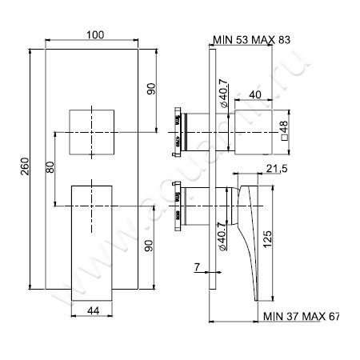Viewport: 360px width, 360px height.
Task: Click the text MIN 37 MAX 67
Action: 301,318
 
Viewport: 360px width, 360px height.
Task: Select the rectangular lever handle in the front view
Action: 95,240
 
